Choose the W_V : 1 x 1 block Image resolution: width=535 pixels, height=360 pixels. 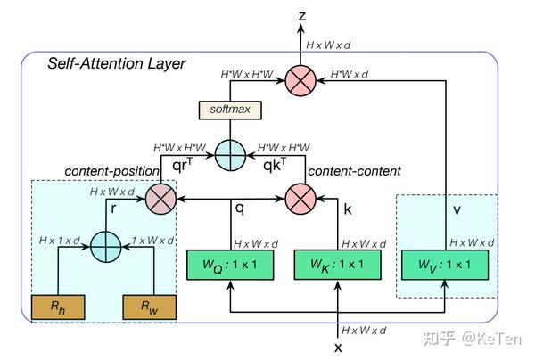click(x=445, y=265)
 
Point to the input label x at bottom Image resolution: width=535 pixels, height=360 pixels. click(x=338, y=347)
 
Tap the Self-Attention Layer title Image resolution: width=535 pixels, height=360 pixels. click(x=117, y=64)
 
